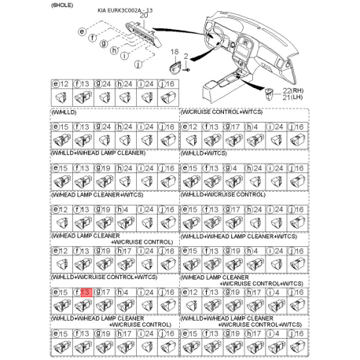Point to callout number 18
175,50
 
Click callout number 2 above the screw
186,55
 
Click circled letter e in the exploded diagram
81,31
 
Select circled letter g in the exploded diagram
103,45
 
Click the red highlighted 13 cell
86,292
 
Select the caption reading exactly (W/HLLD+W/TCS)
208,154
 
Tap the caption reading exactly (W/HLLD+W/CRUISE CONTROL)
223,194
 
